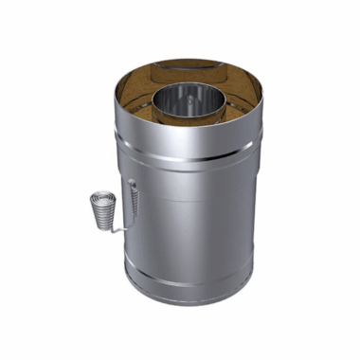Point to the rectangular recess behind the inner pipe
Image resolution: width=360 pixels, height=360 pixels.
[185, 69]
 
